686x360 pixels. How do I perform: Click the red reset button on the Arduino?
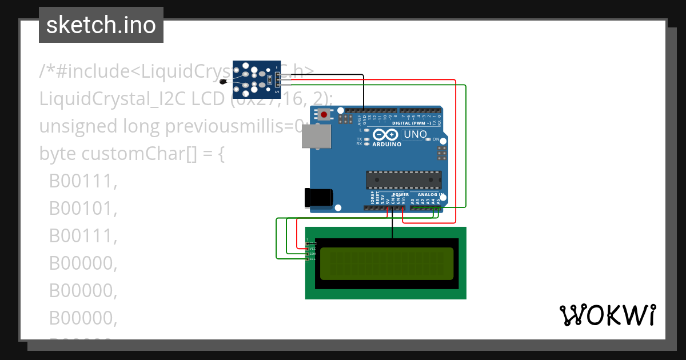pos(324,115)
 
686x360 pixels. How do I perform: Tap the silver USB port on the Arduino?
pos(316,137)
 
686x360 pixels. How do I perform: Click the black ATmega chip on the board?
pos(404,179)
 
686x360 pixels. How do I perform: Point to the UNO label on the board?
pos(416,135)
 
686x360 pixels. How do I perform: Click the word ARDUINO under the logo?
pos(387,145)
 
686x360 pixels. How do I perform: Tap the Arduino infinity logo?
pos(386,134)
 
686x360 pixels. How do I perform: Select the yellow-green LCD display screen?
pos(386,263)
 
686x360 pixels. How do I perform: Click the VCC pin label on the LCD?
pos(312,249)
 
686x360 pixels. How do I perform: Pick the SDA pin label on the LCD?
pos(312,254)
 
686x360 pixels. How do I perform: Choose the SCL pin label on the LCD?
pos(312,259)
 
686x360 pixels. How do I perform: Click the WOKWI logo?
pos(607,315)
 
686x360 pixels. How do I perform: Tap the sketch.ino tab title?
pos(101,25)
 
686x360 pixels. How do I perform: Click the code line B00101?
pos(83,209)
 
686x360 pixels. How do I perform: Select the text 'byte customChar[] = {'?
pos(132,154)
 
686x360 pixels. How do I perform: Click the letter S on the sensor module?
pos(277,91)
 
